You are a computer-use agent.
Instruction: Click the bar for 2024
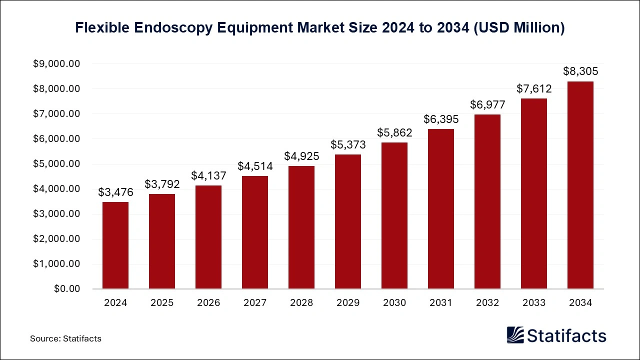[x=115, y=245]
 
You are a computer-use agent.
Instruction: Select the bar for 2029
[x=348, y=221]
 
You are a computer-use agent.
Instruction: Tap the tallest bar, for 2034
[x=580, y=185]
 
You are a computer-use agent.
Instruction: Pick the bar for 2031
[x=441, y=209]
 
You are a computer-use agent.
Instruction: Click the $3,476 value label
[x=115, y=192]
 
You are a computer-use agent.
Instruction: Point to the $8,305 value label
[x=580, y=71]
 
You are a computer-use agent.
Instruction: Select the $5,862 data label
[x=394, y=132]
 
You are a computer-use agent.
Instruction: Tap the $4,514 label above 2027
[x=255, y=166]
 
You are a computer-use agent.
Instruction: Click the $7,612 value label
[x=534, y=88]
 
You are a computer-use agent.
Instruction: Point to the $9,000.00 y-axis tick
[x=56, y=64]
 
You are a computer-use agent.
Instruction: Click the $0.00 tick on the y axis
[x=67, y=289]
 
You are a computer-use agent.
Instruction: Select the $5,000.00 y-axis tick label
[x=56, y=164]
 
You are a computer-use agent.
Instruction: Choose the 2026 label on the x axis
[x=208, y=303]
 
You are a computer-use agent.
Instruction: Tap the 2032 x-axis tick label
[x=487, y=303]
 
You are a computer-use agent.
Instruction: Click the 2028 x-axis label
[x=301, y=303]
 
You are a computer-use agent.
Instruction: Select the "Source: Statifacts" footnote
[x=65, y=338]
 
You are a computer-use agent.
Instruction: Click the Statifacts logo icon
[x=515, y=335]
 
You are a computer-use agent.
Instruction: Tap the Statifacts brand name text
[x=567, y=335]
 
